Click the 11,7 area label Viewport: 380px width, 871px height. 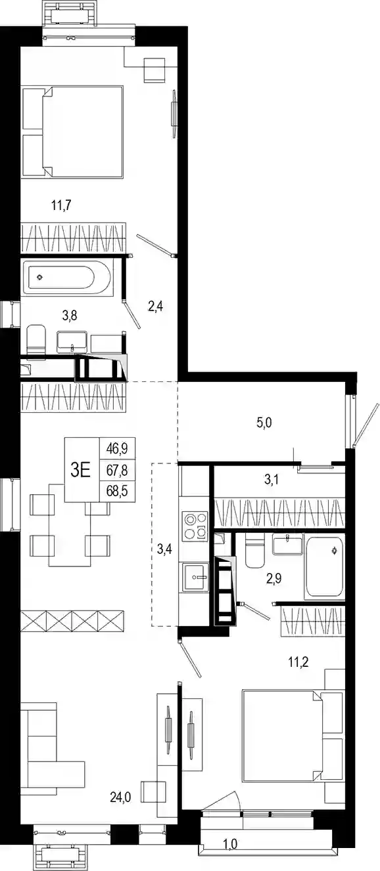(x=61, y=205)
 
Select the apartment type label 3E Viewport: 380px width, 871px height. (x=81, y=470)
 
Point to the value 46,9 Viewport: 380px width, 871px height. (x=117, y=449)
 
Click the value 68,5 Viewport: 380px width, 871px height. (x=117, y=491)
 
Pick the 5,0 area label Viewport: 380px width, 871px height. (x=264, y=422)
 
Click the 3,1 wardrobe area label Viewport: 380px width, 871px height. (x=272, y=480)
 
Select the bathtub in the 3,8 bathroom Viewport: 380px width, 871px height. (x=66, y=278)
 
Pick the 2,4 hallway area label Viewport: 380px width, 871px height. (x=155, y=307)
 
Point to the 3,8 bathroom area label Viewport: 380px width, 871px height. (x=69, y=315)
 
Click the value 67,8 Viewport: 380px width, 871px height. (x=117, y=470)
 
